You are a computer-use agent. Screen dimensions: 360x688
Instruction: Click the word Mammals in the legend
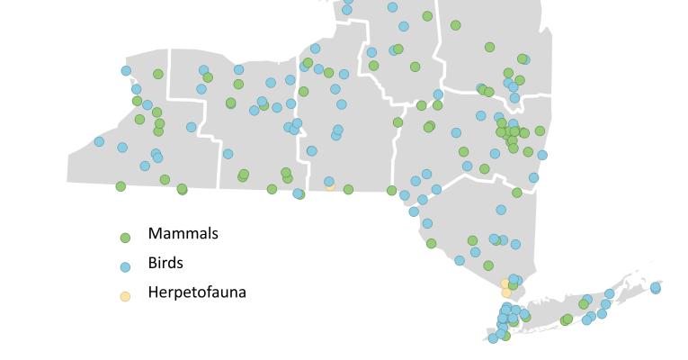(183, 234)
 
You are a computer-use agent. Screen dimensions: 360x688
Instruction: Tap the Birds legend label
(165, 264)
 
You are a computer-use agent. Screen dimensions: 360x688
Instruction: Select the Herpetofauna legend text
(197, 292)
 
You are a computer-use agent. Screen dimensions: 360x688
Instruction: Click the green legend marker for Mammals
(126, 238)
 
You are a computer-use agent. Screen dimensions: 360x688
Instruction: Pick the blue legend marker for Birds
(126, 266)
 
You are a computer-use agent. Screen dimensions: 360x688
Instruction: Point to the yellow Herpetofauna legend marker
(126, 296)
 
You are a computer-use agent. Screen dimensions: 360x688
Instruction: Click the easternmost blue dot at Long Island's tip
(656, 288)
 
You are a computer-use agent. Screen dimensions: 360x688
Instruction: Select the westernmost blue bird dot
(99, 141)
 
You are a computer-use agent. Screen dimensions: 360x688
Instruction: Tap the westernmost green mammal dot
(121, 186)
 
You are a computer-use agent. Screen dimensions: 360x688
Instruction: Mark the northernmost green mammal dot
(427, 16)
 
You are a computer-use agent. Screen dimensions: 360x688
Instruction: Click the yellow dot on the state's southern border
(331, 186)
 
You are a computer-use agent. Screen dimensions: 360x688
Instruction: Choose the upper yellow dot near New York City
(505, 283)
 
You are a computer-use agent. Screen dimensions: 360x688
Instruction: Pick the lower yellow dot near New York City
(506, 293)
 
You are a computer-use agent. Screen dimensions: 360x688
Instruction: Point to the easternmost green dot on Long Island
(584, 304)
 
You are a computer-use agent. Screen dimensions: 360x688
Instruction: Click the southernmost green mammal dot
(505, 336)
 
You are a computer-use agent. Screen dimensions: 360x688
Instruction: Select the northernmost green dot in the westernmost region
(158, 74)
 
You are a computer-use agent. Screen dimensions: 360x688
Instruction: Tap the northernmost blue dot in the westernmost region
(126, 70)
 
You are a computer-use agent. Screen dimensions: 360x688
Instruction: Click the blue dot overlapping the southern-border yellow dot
(329, 182)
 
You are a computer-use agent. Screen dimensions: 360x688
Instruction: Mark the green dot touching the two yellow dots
(513, 285)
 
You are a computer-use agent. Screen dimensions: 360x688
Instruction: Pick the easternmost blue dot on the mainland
(542, 155)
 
